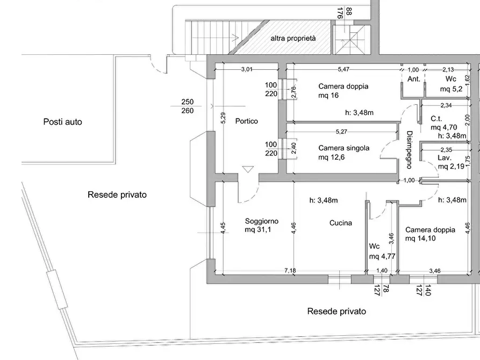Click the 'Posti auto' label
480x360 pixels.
63,122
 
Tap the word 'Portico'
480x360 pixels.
246,121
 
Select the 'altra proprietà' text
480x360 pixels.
293,39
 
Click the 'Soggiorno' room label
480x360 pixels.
261,221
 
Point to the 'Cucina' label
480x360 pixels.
341,223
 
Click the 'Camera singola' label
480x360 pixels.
343,148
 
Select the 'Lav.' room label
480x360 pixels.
443,159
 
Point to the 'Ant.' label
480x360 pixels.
414,79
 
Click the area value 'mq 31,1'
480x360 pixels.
259,231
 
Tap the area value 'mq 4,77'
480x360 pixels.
383,256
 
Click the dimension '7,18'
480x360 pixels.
290,270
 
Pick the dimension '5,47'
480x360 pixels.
343,69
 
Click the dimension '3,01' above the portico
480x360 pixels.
247,69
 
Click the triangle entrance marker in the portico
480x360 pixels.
247,169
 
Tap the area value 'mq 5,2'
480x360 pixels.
449,89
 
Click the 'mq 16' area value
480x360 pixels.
328,96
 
